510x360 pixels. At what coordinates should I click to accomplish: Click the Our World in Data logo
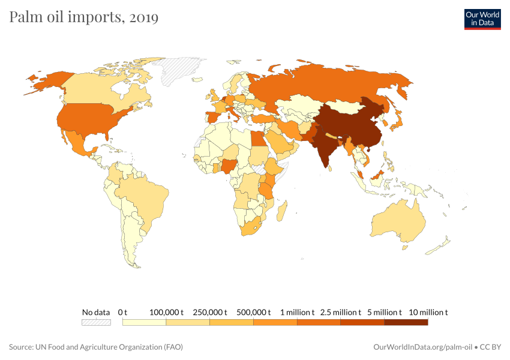(482, 19)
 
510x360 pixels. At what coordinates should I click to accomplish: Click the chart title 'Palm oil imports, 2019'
(84, 17)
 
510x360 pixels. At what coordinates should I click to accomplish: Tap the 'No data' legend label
(96, 312)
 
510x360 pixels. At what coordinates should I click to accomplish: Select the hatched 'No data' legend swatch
(96, 322)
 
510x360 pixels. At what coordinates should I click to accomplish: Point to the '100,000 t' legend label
(166, 312)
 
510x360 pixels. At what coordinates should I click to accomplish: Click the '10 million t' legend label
(428, 312)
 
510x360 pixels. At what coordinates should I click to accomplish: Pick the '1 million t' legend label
(297, 312)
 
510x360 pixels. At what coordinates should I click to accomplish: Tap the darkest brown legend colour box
(406, 322)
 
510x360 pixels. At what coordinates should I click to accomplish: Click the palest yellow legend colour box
(144, 322)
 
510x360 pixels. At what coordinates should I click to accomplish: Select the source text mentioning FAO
(96, 347)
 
